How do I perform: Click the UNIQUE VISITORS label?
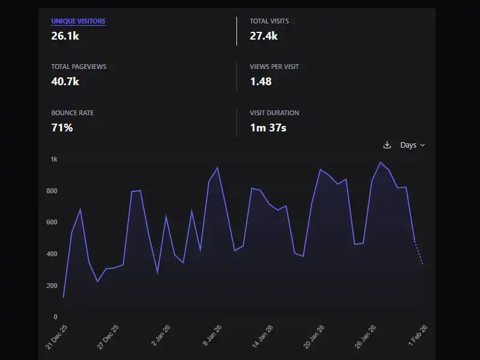78,21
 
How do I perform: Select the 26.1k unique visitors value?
65,36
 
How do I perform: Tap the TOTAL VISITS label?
269,21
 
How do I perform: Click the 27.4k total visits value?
263,36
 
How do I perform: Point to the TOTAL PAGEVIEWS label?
79,67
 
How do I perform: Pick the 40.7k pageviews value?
65,82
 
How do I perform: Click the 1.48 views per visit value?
261,82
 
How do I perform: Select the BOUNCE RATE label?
72,113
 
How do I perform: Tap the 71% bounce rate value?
62,128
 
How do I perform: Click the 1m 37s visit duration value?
268,128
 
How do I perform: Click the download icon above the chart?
387,145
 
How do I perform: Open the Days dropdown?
412,145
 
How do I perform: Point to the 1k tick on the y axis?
54,160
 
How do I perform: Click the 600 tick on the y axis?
52,223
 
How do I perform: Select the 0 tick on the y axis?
55,317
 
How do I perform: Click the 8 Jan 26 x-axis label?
213,336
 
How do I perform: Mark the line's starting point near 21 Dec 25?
64,297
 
